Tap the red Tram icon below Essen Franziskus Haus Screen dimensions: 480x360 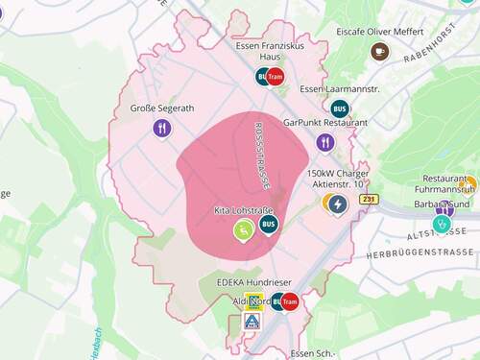point(276,77)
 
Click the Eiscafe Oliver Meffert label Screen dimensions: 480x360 point(379,31)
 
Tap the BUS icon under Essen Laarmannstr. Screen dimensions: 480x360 point(340,108)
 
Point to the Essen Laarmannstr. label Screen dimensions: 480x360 point(334,89)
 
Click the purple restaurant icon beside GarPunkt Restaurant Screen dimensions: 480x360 point(325,142)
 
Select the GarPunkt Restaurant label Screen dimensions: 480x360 point(325,123)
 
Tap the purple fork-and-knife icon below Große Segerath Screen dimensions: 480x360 point(161,128)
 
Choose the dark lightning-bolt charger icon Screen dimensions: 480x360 point(337,204)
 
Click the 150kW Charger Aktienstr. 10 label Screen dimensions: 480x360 point(337,179)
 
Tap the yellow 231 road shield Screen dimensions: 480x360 point(370,199)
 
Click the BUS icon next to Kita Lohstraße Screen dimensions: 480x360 point(269,225)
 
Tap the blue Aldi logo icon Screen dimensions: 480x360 point(251,321)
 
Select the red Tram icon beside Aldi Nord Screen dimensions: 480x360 point(290,301)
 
